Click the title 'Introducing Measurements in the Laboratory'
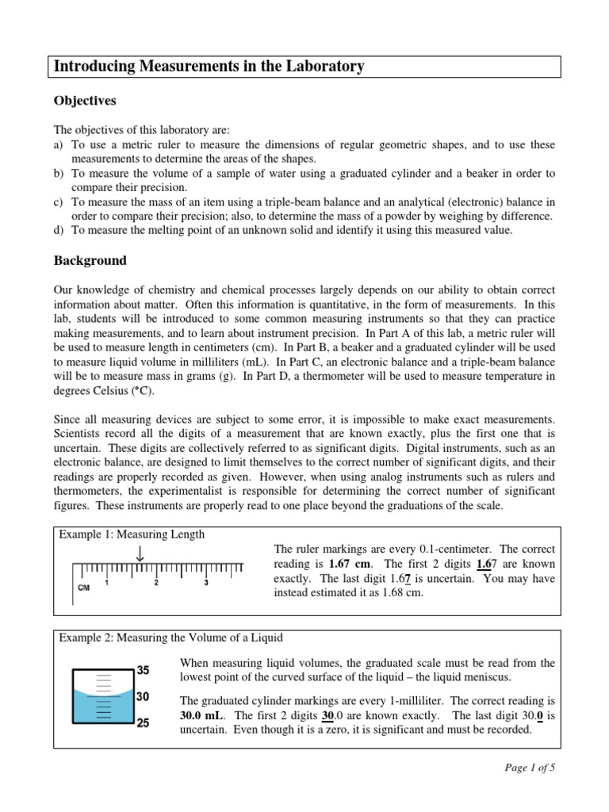(x=209, y=67)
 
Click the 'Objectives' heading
(x=85, y=101)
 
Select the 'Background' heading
(x=90, y=260)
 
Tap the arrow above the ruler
(x=140, y=553)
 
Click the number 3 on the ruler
(x=206, y=583)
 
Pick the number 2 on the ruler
(x=156, y=583)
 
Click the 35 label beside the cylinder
(x=143, y=671)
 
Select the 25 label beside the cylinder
(x=143, y=723)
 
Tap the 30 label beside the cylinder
(x=143, y=697)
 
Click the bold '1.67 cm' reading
(x=339, y=564)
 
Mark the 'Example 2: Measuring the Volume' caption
(x=170, y=638)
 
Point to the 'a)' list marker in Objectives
(x=59, y=145)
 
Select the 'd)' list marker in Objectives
(x=59, y=231)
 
